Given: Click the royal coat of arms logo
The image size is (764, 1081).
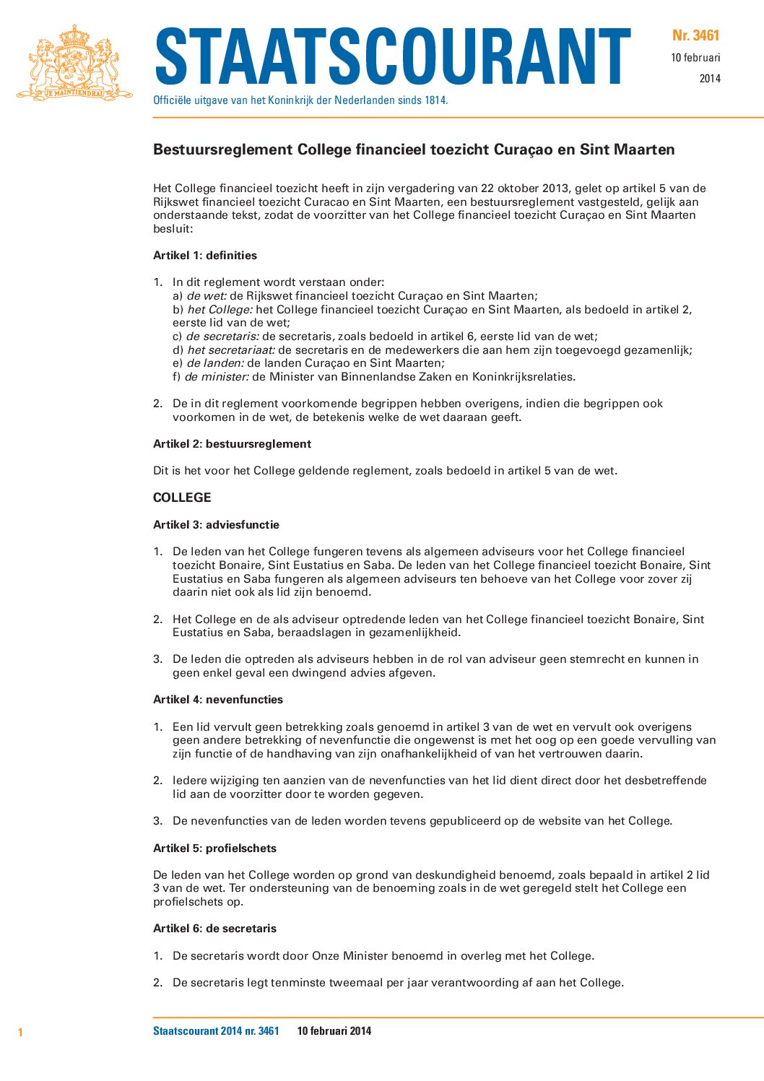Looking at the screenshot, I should [74, 63].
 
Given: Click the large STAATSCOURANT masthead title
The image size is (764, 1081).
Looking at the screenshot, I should [393, 58].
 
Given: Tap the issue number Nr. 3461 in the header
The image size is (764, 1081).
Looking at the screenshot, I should [695, 35].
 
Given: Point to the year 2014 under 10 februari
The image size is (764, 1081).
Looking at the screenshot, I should [710, 79].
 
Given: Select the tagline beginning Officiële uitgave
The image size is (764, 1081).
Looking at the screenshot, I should [300, 100].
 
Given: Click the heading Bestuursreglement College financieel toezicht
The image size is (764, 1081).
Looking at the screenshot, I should [414, 149].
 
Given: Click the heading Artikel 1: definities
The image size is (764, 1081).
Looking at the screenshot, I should [205, 256].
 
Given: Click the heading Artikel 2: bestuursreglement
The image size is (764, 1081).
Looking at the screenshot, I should [232, 444].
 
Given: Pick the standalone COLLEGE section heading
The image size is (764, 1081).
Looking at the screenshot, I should [182, 498].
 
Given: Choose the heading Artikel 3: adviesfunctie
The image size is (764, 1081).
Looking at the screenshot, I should [216, 525].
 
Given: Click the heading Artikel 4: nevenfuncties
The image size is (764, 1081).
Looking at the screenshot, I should [218, 700].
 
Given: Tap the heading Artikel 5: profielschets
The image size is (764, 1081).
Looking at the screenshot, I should [214, 848].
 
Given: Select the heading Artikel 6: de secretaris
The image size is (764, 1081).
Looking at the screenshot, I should [214, 929].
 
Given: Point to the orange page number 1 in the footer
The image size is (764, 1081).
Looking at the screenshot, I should [20, 1033].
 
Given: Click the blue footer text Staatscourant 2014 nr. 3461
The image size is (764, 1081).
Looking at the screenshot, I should [216, 1031].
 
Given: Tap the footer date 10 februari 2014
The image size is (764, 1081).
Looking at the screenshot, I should [334, 1031].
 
